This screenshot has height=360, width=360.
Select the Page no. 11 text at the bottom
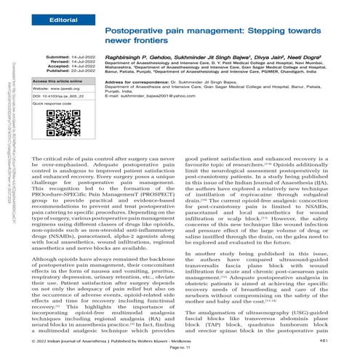pos(180,350)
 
